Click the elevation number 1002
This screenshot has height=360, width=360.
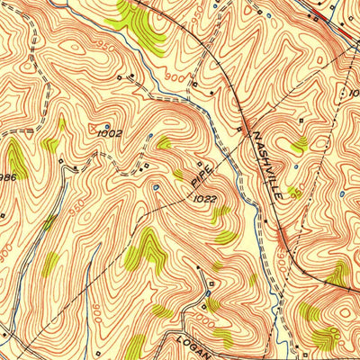(110, 133)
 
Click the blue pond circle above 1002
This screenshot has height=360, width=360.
(108, 125)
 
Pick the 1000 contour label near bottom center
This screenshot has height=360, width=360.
(209, 321)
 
